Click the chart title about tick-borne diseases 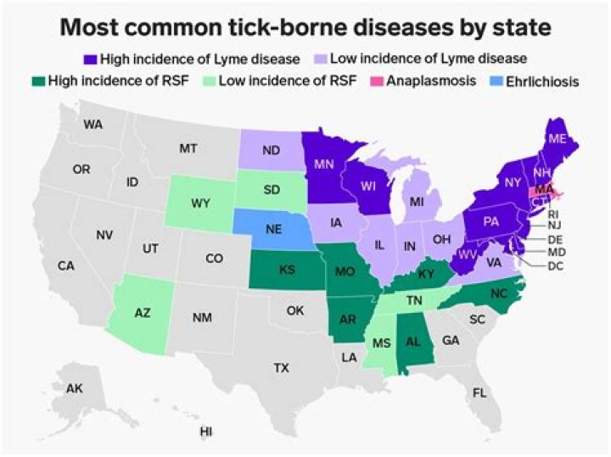305,28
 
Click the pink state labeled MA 544,190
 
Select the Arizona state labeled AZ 142,313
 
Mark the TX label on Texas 281,367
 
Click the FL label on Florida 480,393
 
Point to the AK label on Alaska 75,387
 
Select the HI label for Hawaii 205,432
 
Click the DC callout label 556,266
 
